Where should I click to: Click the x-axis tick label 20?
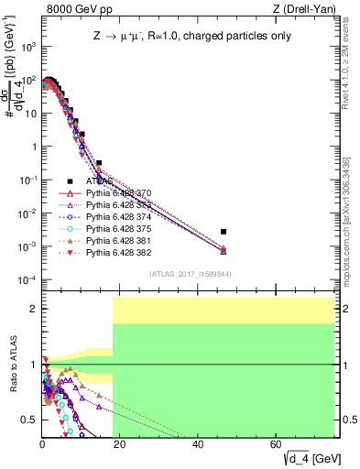point(120,444)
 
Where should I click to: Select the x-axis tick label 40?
point(198,444)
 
